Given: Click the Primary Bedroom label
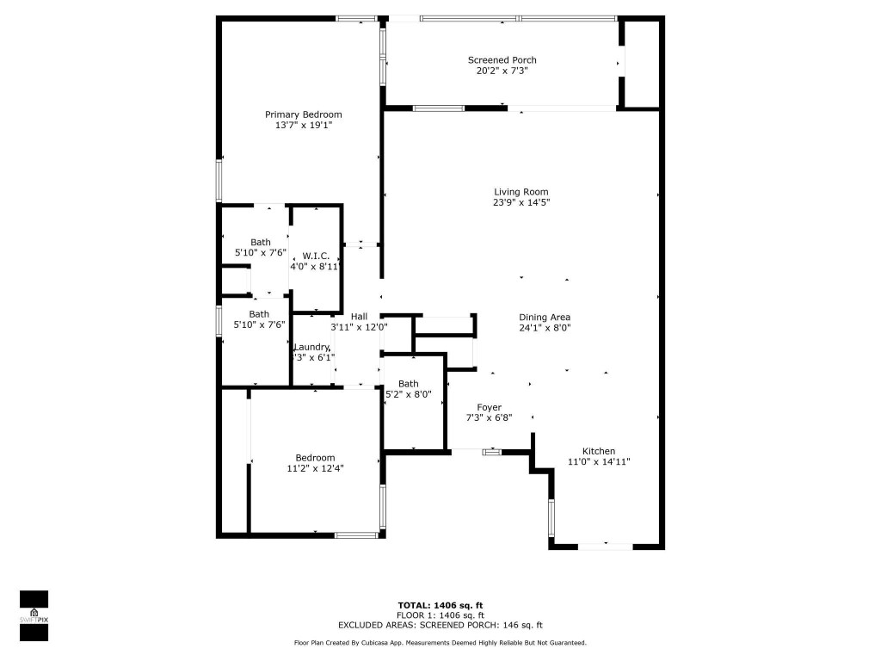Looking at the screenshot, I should point(303,114).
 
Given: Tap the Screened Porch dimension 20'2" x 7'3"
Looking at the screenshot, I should point(502,71).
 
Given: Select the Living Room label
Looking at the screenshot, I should point(521,192).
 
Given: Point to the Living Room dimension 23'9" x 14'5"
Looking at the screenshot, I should point(521,203).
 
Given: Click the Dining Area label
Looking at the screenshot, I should point(545,317).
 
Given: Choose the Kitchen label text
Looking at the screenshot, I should point(599,451).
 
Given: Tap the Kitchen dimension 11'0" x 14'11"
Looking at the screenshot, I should point(599,462).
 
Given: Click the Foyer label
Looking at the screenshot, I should point(489,407).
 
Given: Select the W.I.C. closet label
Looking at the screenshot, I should point(316,256).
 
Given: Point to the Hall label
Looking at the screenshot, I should point(359,316).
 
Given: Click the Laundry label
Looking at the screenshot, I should point(311,347).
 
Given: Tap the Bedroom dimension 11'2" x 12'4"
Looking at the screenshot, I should point(316,469).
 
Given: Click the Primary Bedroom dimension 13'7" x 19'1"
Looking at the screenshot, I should point(303,126).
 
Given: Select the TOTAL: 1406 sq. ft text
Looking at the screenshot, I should point(440,605).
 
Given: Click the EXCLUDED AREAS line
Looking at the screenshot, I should point(440,626).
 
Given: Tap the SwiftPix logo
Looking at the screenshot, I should point(34,615).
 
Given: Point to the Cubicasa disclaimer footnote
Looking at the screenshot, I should point(440,643).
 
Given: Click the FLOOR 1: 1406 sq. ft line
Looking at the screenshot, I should point(440,615).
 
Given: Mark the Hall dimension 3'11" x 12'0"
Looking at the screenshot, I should point(359,327).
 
